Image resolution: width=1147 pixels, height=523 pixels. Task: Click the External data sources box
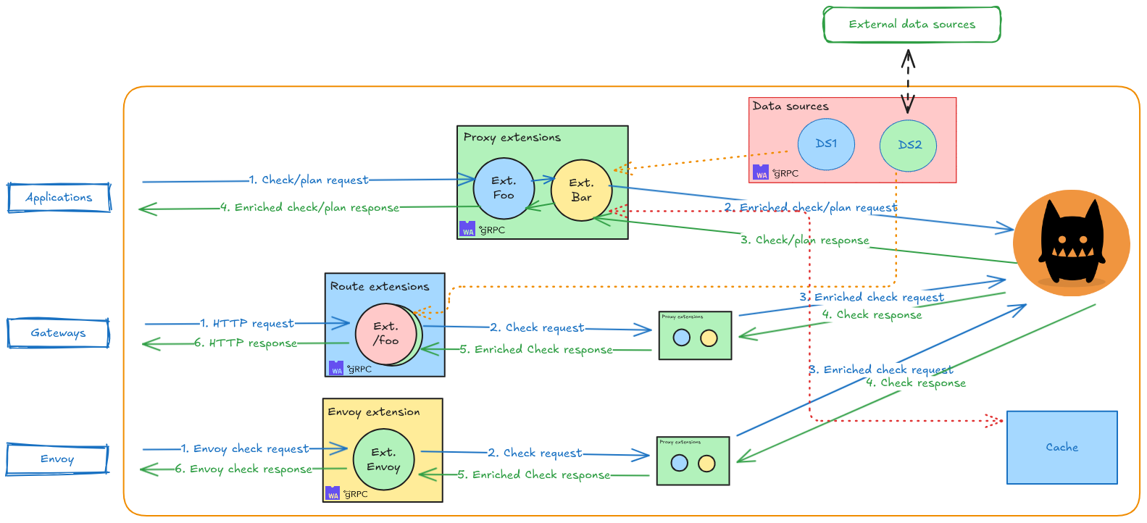[x=912, y=25]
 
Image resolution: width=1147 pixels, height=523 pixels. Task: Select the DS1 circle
[x=826, y=144]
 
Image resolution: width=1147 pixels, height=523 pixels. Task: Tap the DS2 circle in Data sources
[x=909, y=145]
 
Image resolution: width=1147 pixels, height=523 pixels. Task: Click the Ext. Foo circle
[x=504, y=188]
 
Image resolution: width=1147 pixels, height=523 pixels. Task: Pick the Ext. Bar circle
[x=581, y=191]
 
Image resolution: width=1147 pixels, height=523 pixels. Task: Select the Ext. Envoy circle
[x=383, y=459]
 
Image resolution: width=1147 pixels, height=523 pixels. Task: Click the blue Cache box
[x=1062, y=448]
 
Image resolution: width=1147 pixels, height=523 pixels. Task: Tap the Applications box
[x=59, y=197]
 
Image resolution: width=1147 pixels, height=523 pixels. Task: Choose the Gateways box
[x=58, y=333]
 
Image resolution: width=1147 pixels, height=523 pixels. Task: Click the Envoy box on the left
[x=57, y=459]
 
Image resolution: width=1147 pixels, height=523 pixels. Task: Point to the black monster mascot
[x=1071, y=243]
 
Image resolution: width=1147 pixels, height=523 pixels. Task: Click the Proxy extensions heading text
[x=512, y=137]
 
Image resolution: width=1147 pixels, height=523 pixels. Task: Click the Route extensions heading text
[x=380, y=286]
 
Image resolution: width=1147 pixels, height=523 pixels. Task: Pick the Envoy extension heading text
[x=373, y=411]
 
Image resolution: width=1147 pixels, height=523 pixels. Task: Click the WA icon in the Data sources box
[x=761, y=172]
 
